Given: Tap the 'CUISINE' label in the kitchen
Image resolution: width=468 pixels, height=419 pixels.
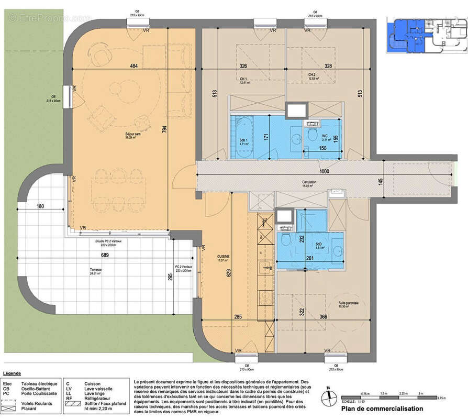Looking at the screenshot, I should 224,256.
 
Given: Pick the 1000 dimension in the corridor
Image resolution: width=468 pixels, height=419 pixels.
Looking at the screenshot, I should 325,171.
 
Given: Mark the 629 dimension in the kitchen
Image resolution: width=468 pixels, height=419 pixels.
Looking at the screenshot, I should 229,286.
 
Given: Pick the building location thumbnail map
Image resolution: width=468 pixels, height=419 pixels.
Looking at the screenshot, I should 425,36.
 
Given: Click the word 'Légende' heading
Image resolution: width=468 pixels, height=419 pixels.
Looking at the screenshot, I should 12,373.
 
